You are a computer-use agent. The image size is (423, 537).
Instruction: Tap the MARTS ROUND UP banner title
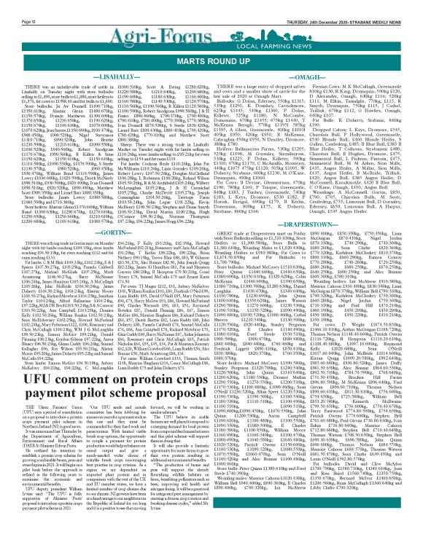[211, 52]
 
